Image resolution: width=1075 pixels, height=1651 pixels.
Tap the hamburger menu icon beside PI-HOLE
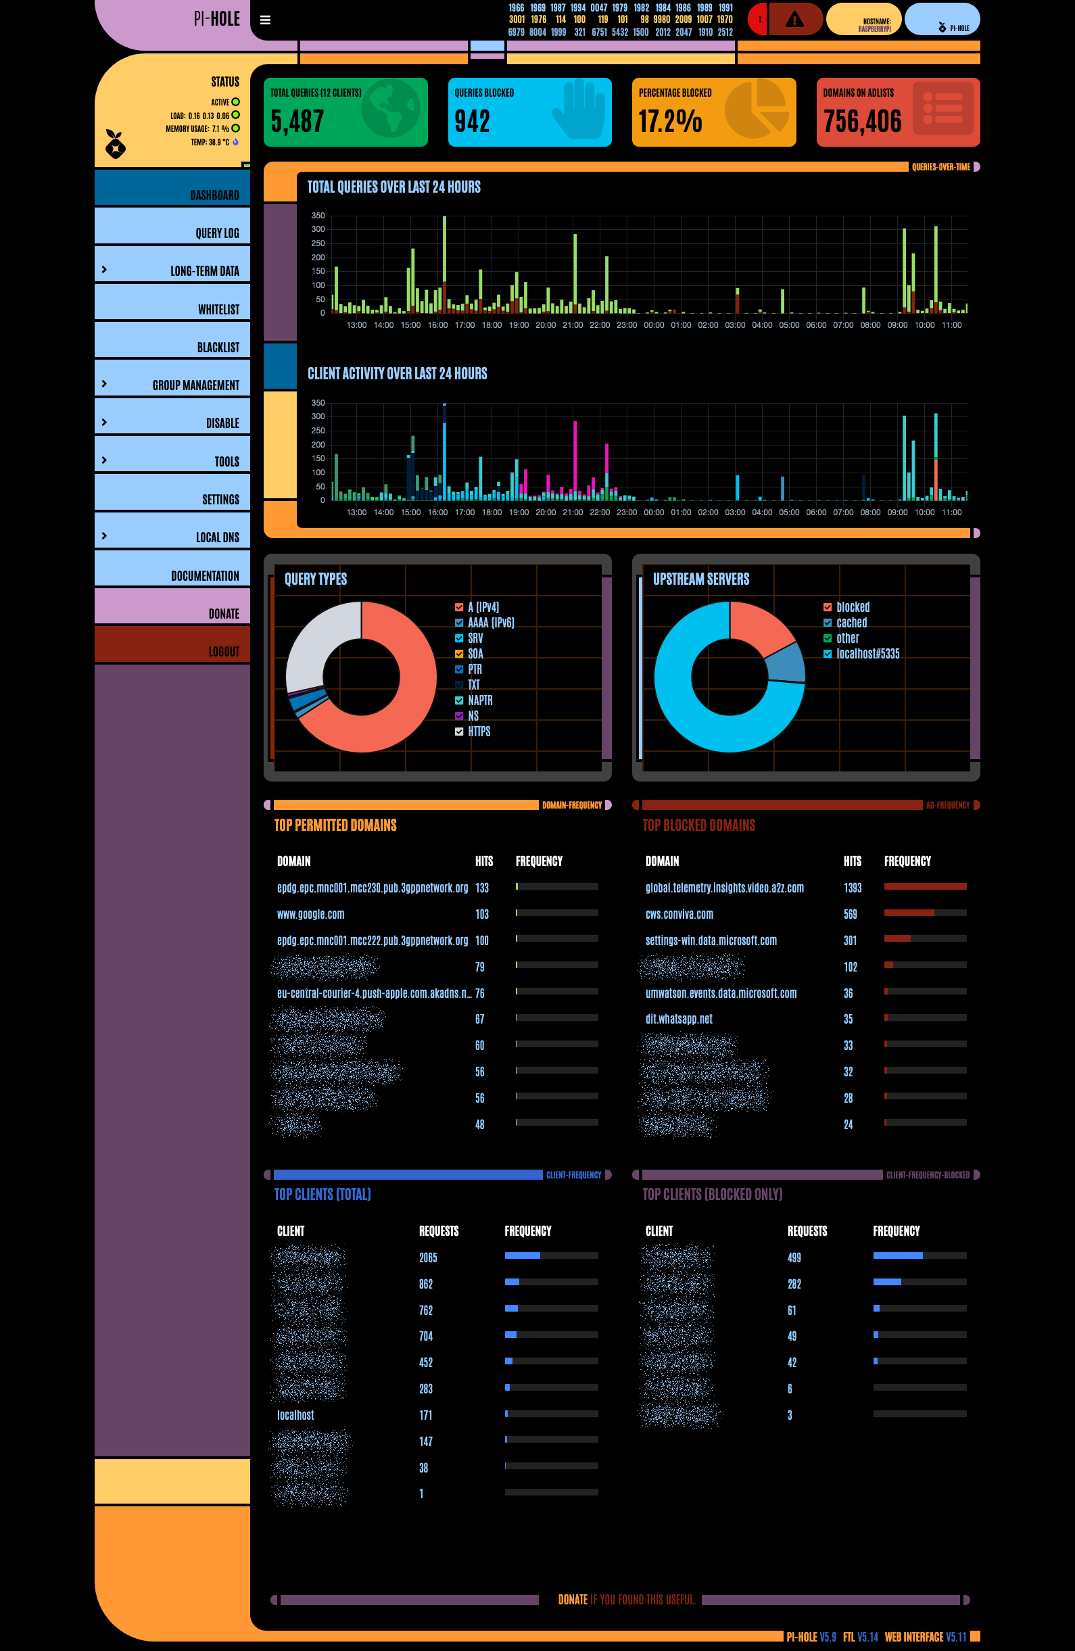pyautogui.click(x=265, y=20)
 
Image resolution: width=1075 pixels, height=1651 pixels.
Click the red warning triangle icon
pyautogui.click(x=794, y=20)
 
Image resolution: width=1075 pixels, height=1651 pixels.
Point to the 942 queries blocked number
pyautogui.click(x=472, y=122)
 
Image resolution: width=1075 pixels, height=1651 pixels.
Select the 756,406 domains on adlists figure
pyautogui.click(x=862, y=122)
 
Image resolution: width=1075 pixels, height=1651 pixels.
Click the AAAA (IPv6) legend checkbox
pyautogui.click(x=459, y=622)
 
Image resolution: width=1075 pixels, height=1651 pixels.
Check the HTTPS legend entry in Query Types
pyautogui.click(x=459, y=731)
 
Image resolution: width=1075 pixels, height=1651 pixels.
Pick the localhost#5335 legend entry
pyautogui.click(x=867, y=654)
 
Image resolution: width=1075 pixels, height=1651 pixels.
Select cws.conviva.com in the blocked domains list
pyautogui.click(x=679, y=914)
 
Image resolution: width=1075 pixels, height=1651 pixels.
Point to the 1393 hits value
pyautogui.click(x=853, y=888)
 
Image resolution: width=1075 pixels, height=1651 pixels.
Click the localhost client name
pyautogui.click(x=295, y=1415)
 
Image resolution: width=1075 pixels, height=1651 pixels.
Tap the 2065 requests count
pyautogui.click(x=428, y=1258)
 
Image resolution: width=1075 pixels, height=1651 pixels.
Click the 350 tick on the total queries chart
pyautogui.click(x=318, y=216)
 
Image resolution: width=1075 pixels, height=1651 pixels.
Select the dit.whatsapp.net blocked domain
pyautogui.click(x=678, y=1019)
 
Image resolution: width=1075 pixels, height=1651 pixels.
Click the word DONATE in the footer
pyautogui.click(x=572, y=1600)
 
